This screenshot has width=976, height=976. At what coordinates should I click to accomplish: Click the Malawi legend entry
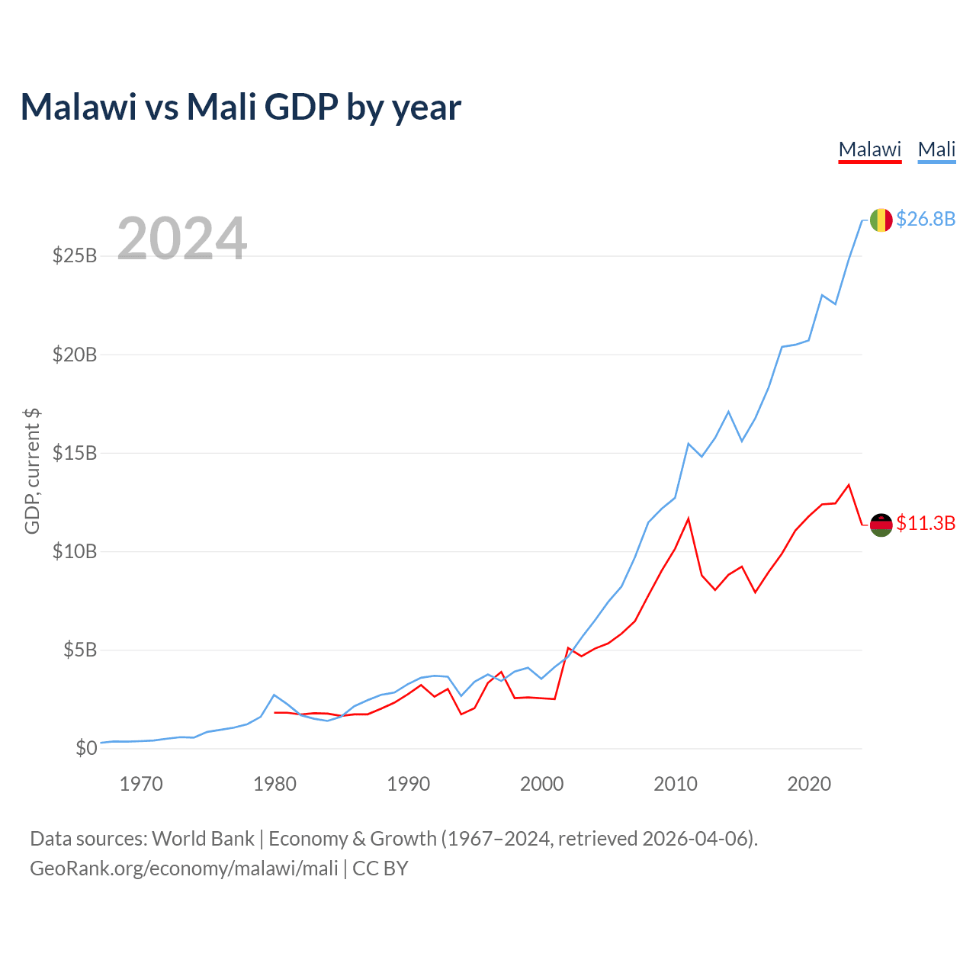pyautogui.click(x=870, y=150)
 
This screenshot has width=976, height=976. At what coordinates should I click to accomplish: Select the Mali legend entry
pyautogui.click(x=936, y=150)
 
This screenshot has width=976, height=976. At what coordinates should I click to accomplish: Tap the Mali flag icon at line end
pyautogui.click(x=881, y=220)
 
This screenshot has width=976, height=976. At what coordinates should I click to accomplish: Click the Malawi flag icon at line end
pyautogui.click(x=881, y=525)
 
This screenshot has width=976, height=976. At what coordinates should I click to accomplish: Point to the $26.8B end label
pyautogui.click(x=926, y=219)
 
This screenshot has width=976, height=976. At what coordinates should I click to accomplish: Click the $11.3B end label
pyautogui.click(x=926, y=523)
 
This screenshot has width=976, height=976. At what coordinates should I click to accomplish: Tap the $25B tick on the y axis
pyautogui.click(x=75, y=255)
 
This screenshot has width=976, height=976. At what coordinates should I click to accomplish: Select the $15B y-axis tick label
pyautogui.click(x=75, y=453)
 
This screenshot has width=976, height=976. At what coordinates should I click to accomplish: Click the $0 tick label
pyautogui.click(x=86, y=747)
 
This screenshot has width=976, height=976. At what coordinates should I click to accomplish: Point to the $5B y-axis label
pyautogui.click(x=80, y=650)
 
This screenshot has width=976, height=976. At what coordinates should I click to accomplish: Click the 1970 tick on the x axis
pyautogui.click(x=141, y=784)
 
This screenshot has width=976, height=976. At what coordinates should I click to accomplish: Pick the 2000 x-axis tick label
pyautogui.click(x=541, y=784)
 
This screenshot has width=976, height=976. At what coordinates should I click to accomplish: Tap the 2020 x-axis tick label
pyautogui.click(x=809, y=784)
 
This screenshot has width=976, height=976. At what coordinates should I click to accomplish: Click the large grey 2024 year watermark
pyautogui.click(x=181, y=238)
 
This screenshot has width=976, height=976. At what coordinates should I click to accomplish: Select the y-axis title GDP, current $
pyautogui.click(x=32, y=471)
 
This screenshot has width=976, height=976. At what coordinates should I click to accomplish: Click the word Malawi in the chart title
pyautogui.click(x=79, y=107)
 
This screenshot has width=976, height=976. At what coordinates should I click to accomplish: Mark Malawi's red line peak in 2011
pyautogui.click(x=689, y=518)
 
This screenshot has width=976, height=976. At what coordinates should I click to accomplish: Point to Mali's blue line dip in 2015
pyautogui.click(x=742, y=441)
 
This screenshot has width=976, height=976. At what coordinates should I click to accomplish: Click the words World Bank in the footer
pyautogui.click(x=203, y=839)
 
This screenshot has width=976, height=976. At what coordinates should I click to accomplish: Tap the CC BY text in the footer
pyautogui.click(x=380, y=868)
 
